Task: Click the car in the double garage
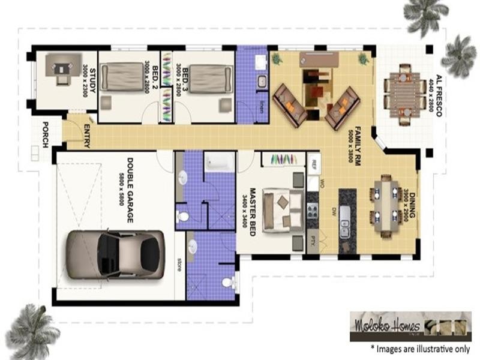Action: click(x=115, y=254)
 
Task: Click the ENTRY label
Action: click(x=87, y=133)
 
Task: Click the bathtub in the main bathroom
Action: click(x=220, y=162)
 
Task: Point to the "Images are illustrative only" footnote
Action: click(x=419, y=347)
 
